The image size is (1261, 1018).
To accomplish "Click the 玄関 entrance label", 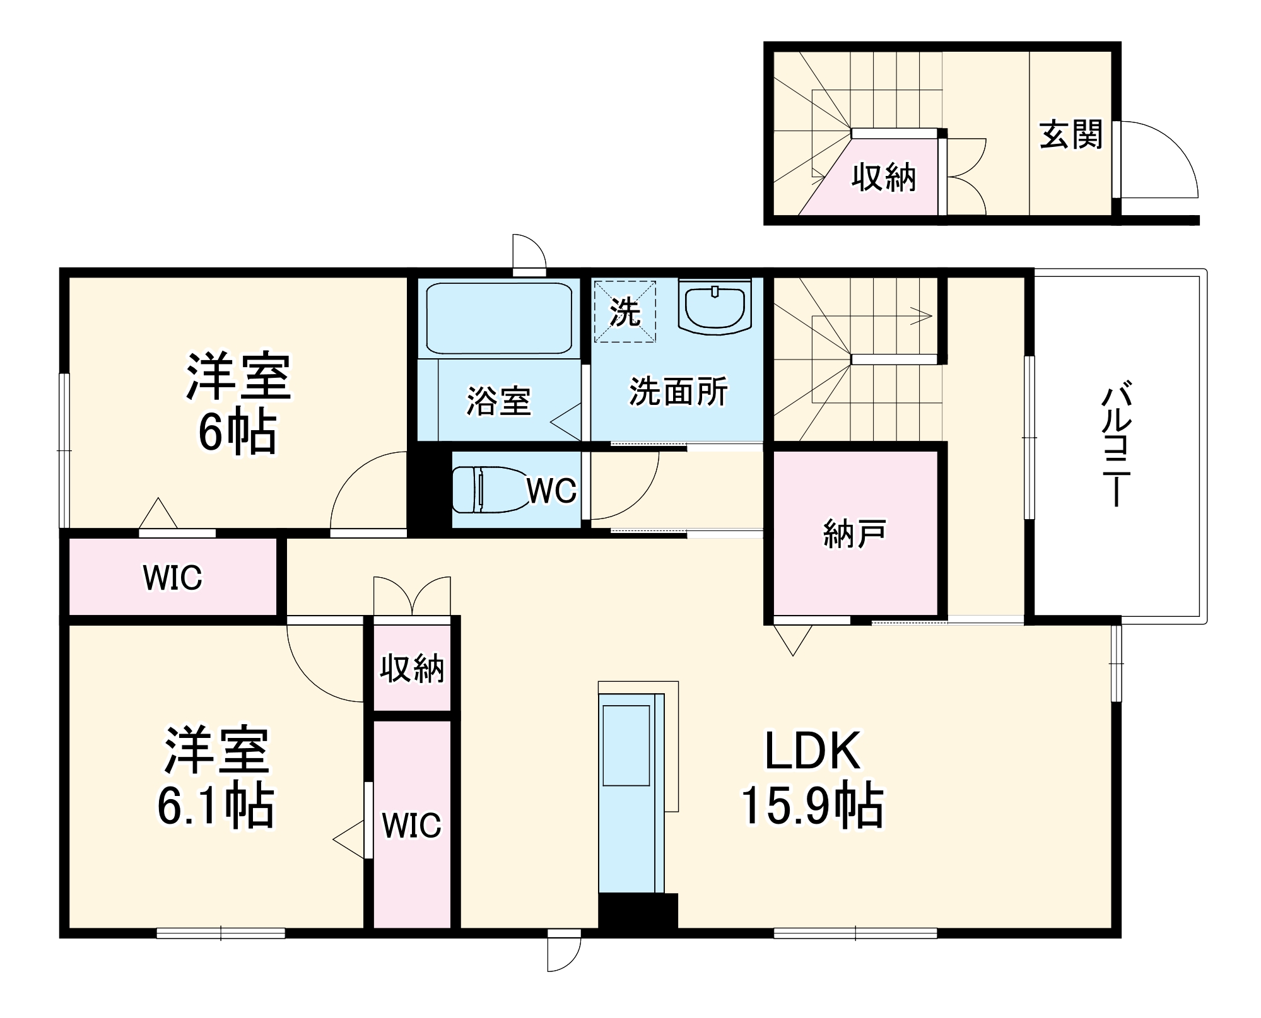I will point(1070,135).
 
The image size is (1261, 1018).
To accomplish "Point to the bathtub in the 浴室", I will point(498,319).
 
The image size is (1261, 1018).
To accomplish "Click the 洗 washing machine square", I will point(625,312).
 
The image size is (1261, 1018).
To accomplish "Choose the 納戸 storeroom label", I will point(855,534).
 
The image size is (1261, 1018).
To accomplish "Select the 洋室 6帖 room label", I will point(238,404).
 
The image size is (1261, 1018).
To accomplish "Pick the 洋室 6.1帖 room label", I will point(216,778).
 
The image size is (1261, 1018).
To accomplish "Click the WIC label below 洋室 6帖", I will point(172,578).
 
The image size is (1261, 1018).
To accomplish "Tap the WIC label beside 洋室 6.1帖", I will point(411,825).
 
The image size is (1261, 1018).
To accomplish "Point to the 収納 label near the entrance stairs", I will point(883,177).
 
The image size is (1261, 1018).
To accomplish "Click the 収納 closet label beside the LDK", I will point(412,668).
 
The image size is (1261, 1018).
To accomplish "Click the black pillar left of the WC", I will point(429,489).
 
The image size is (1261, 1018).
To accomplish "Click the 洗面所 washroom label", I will point(678,392).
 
